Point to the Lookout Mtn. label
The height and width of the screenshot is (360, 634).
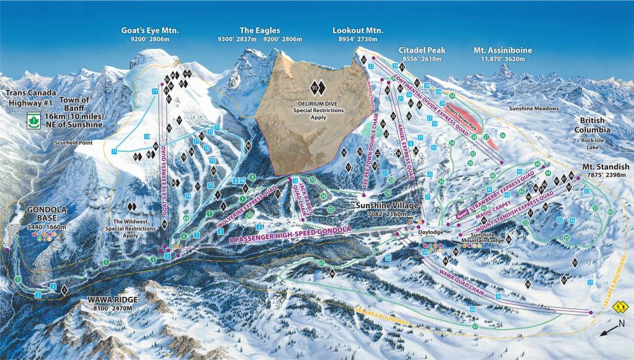point(358,30)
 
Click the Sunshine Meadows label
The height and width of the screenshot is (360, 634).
point(534,108)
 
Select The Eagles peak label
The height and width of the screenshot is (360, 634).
point(260,30)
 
